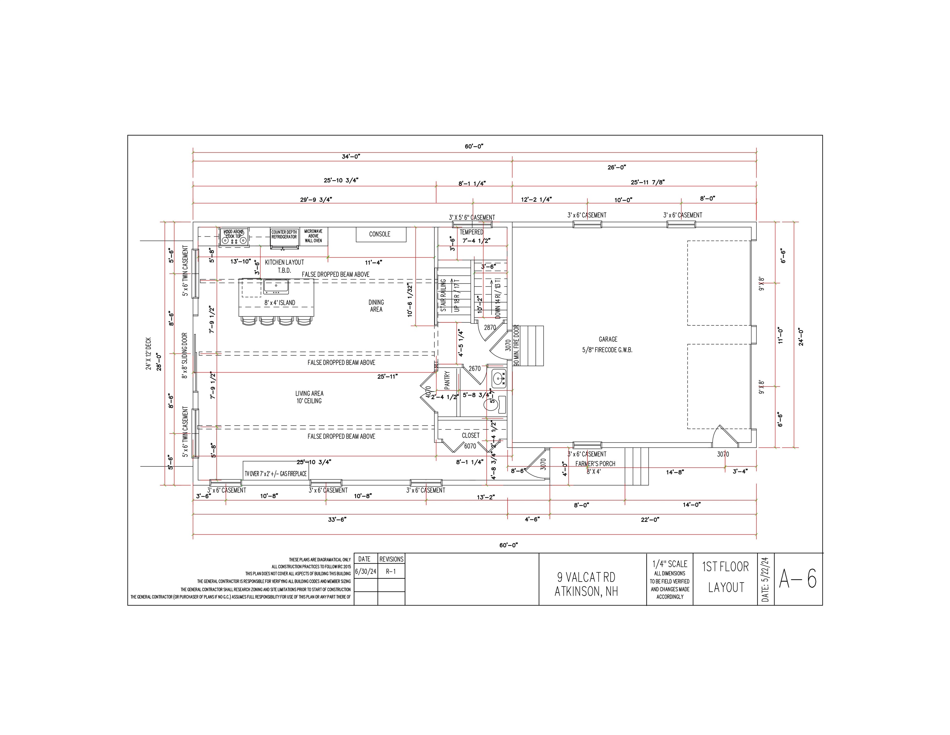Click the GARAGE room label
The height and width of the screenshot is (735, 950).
pos(608,339)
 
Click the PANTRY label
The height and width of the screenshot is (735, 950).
pos(447,380)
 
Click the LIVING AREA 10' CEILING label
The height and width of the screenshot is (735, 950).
pos(309,397)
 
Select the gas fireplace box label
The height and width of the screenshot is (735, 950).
pos(276,473)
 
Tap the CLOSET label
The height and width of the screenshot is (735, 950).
pos(471,435)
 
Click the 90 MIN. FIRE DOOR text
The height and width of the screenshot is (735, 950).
pos(516,345)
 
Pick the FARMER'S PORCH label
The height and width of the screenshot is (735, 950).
pos(595,464)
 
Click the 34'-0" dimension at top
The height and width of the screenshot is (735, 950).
pos(351,156)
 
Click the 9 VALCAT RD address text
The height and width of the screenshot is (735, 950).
pos(586,577)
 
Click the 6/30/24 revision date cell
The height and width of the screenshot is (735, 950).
pos(366,572)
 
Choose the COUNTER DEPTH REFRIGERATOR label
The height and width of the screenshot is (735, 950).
pos(284,235)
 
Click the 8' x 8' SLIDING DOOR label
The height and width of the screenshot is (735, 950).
pos(185,355)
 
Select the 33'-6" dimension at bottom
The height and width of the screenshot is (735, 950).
pos(337,519)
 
